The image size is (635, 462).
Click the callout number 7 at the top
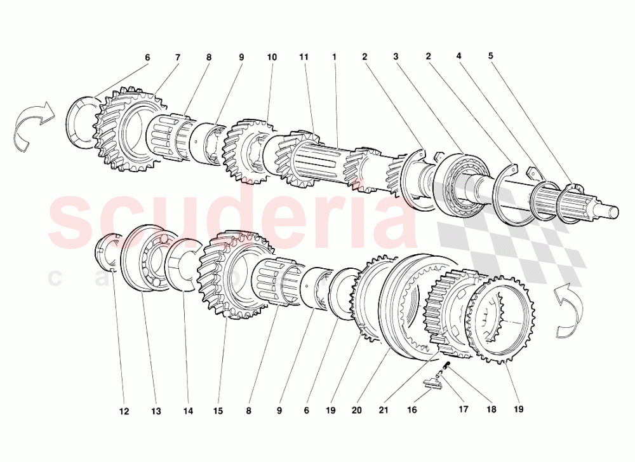[x=178, y=57]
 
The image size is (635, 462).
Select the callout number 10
[x=272, y=57]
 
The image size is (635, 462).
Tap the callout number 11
[x=304, y=57]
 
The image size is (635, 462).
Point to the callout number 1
[x=334, y=57]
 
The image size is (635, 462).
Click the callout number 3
[x=396, y=57]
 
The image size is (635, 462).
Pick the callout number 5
[x=490, y=55]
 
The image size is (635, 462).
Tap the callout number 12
[x=124, y=412]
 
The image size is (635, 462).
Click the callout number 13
[x=156, y=412]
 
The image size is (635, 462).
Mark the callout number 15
[x=218, y=412]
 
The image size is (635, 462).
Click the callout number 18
[x=491, y=411]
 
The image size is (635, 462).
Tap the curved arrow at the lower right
[x=570, y=309]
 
